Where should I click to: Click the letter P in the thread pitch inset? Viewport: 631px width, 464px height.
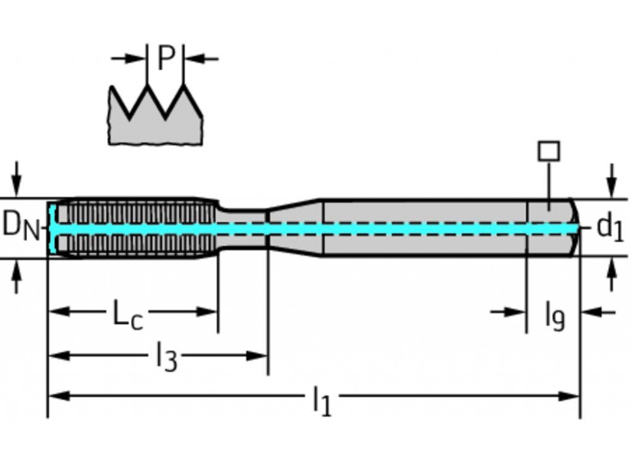(x=165, y=59)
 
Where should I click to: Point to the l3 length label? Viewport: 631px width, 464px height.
(x=165, y=357)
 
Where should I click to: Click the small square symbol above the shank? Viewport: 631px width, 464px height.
(x=548, y=151)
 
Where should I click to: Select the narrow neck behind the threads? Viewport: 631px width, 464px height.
(x=243, y=228)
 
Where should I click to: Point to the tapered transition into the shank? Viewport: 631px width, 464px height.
(x=295, y=228)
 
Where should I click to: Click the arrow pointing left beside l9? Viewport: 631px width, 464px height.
(x=596, y=311)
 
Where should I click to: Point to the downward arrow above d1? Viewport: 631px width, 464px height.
(x=611, y=180)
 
